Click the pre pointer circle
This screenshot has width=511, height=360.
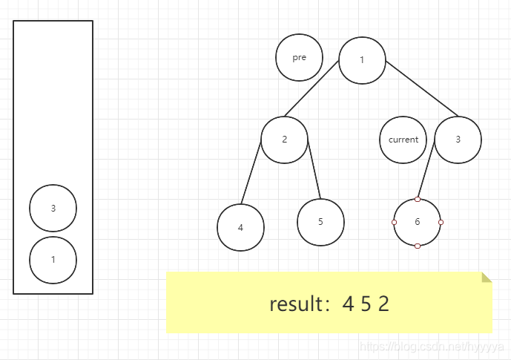[x=300, y=58]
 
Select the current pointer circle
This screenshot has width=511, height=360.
[x=403, y=140]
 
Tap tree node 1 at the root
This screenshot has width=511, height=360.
[x=362, y=60]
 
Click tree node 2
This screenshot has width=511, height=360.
[x=284, y=140]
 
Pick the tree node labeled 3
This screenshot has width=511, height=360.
[x=458, y=140]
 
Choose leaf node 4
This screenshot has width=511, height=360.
[x=240, y=227]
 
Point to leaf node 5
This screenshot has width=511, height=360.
[x=320, y=221]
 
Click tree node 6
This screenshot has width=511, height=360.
[x=418, y=222]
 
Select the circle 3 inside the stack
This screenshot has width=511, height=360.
[x=53, y=208]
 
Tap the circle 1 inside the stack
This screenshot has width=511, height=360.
[x=53, y=260]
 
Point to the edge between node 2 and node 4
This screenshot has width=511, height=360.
[x=251, y=172]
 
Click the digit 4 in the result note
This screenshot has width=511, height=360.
[x=348, y=304]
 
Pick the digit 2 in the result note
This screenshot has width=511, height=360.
[x=383, y=304]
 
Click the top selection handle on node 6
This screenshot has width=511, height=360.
[x=418, y=199]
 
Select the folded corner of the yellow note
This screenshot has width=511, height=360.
[x=487, y=277]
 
